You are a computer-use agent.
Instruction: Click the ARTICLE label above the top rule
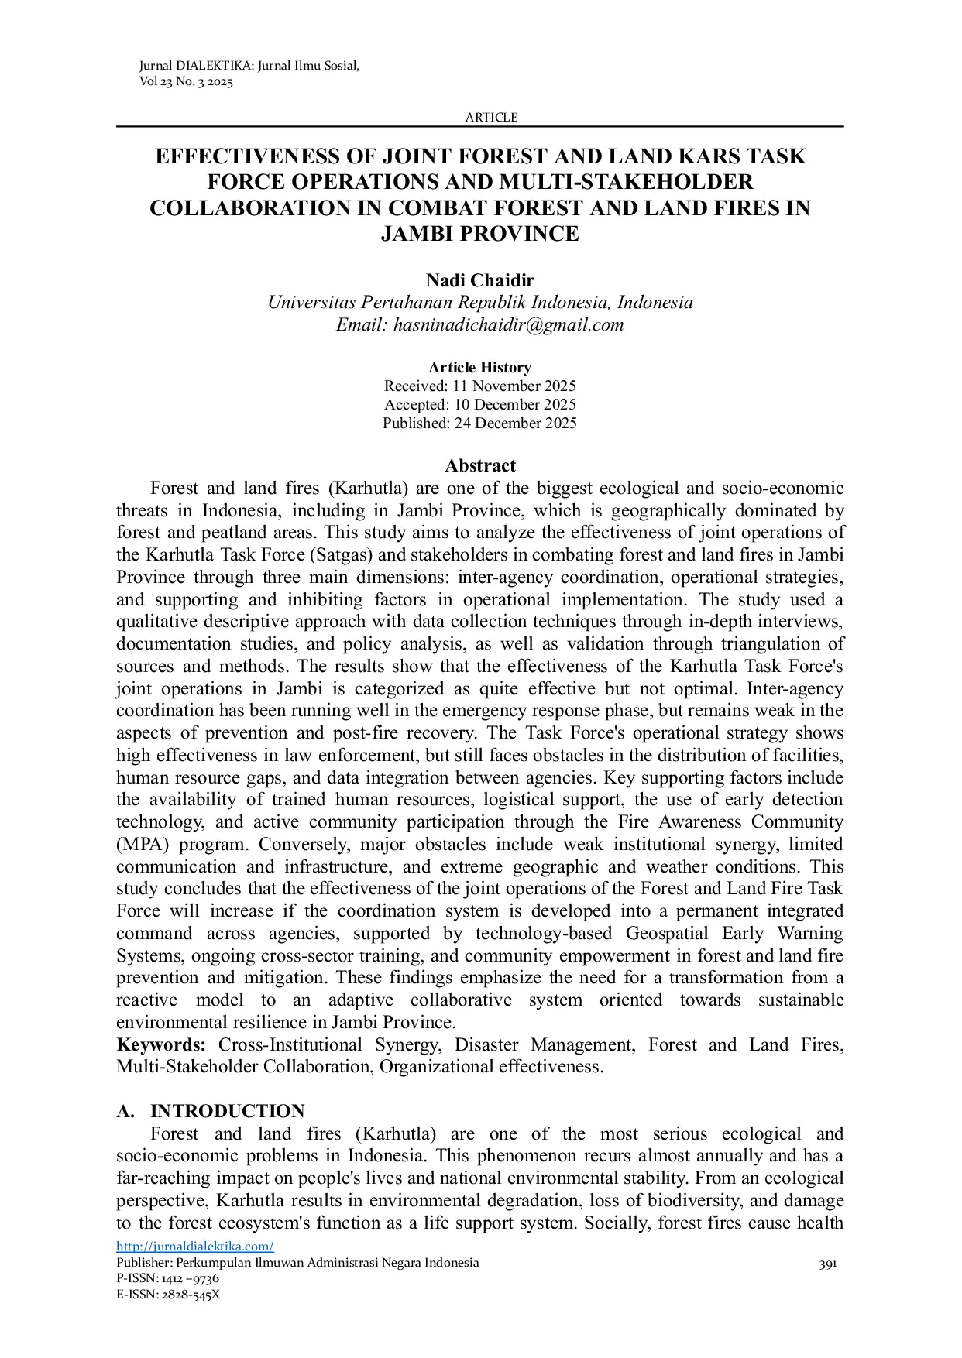click(x=491, y=118)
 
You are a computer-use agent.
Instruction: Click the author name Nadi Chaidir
click(x=479, y=280)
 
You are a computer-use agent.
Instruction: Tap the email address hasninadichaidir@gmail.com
click(x=508, y=325)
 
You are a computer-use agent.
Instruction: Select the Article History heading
click(x=479, y=368)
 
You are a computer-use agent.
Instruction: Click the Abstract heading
click(x=479, y=465)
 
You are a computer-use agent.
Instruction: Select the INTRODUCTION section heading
click(x=227, y=1112)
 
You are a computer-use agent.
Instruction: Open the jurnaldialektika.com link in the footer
click(x=195, y=1247)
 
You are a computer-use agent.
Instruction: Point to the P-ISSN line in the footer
click(x=167, y=1278)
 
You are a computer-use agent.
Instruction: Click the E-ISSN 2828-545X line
click(x=168, y=1294)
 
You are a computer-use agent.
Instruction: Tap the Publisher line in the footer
click(x=297, y=1263)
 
